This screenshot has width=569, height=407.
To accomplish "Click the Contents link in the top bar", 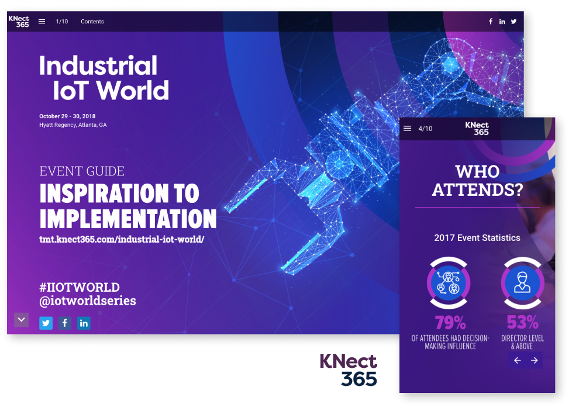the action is pyautogui.click(x=92, y=22).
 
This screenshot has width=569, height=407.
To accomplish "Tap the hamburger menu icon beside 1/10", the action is pyautogui.click(x=42, y=22).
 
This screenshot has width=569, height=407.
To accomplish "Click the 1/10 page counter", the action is pyautogui.click(x=61, y=22).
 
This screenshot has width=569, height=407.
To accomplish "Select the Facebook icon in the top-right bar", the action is pyautogui.click(x=490, y=22).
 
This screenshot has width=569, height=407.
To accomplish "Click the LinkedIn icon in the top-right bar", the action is pyautogui.click(x=502, y=22).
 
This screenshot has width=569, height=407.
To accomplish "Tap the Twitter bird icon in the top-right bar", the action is pyautogui.click(x=513, y=22).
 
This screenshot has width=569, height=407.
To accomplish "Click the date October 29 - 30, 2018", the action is pyautogui.click(x=67, y=116).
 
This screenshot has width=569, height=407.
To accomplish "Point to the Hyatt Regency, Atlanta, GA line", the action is pyautogui.click(x=73, y=125).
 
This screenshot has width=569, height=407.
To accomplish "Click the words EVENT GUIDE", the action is pyautogui.click(x=82, y=171).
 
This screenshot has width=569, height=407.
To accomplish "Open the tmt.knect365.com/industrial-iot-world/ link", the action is pyautogui.click(x=122, y=239).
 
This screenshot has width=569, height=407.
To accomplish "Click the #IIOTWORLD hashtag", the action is pyautogui.click(x=80, y=287).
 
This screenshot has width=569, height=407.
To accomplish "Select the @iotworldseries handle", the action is pyautogui.click(x=88, y=301).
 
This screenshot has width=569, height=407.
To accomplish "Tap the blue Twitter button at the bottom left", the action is pyautogui.click(x=46, y=323).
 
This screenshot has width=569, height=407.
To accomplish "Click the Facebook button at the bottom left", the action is pyautogui.click(x=64, y=323).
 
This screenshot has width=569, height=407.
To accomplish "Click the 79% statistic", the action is pyautogui.click(x=450, y=322).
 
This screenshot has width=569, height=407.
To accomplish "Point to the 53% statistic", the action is pyautogui.click(x=523, y=322).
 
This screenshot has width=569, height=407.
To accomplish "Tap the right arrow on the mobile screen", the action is pyautogui.click(x=534, y=360).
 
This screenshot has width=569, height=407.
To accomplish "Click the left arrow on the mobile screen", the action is pyautogui.click(x=518, y=360).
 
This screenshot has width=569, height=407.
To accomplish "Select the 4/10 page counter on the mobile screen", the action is pyautogui.click(x=425, y=129).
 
